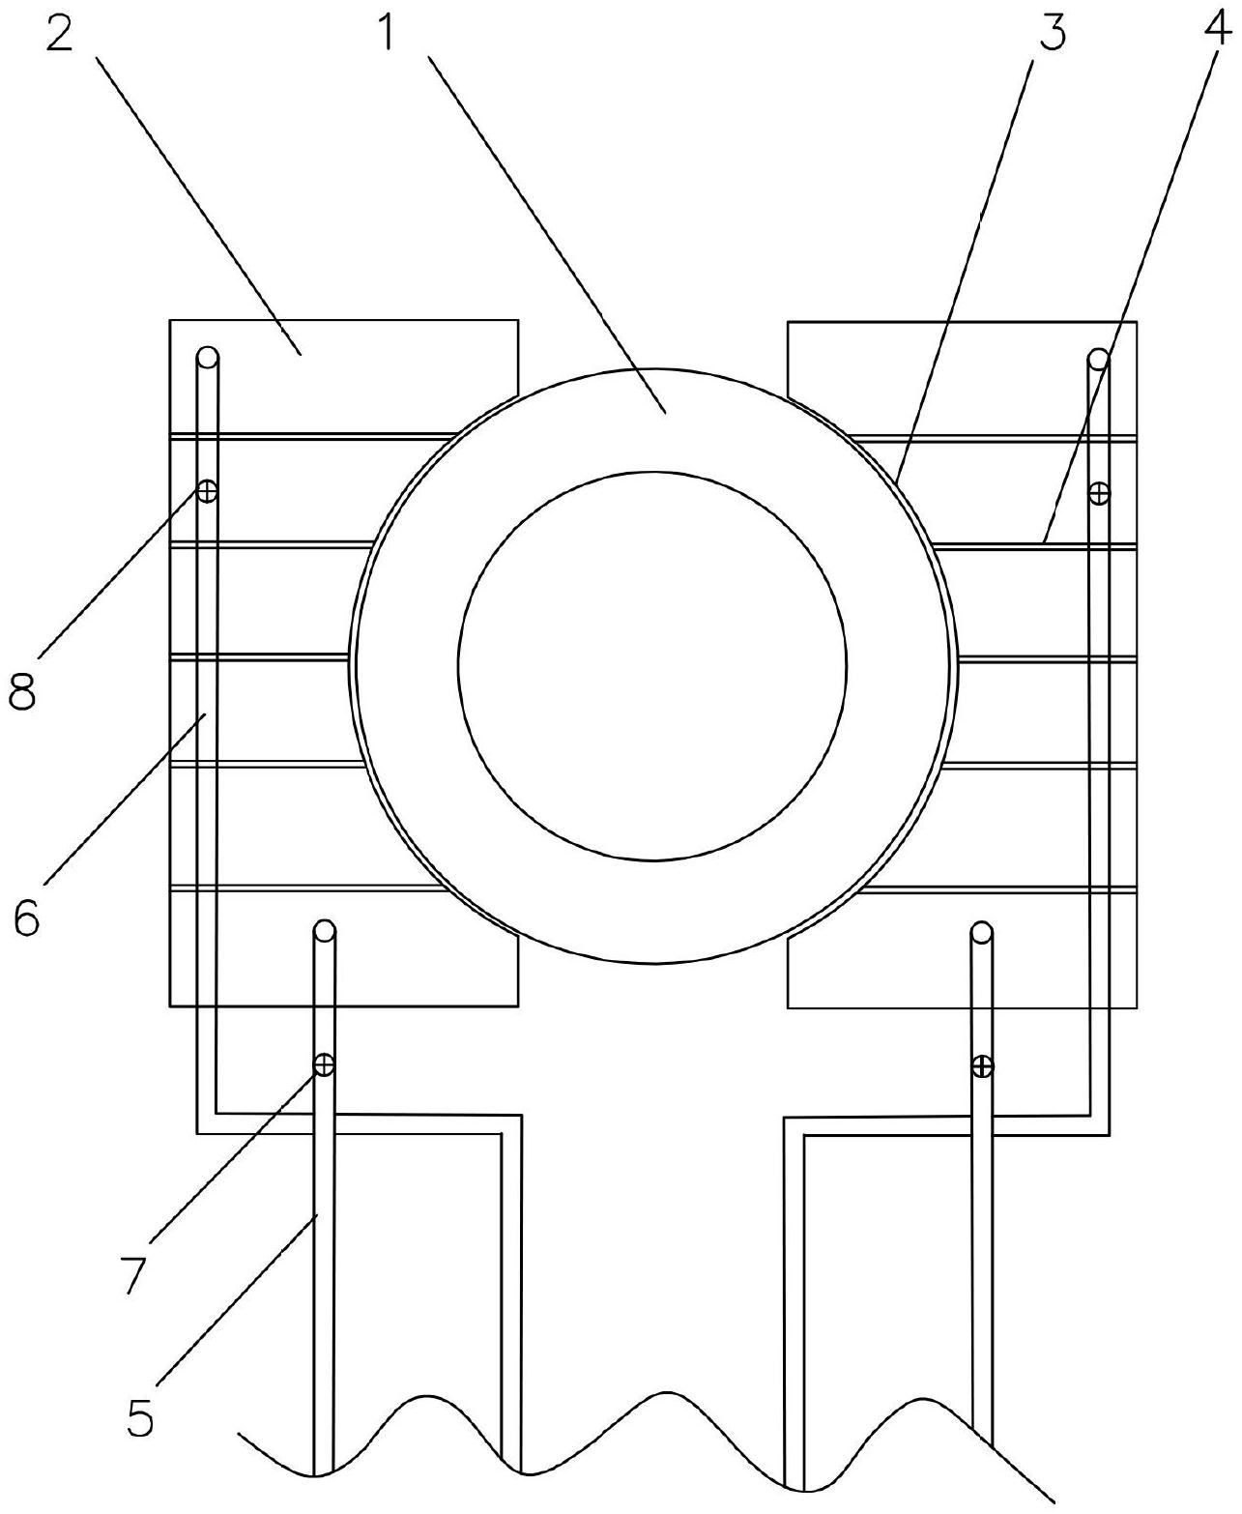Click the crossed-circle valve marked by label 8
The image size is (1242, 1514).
[206, 491]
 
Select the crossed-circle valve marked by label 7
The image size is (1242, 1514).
[324, 1064]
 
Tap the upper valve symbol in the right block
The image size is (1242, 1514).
[1099, 493]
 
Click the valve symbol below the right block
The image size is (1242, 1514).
[982, 1066]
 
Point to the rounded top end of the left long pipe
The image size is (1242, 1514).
[208, 358]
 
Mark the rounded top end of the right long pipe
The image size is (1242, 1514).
[1098, 360]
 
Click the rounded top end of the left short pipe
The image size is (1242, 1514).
[324, 932]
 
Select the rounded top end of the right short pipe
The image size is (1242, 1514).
[982, 934]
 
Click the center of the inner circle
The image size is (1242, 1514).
[652, 664]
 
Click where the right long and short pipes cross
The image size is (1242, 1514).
[982, 1124]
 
